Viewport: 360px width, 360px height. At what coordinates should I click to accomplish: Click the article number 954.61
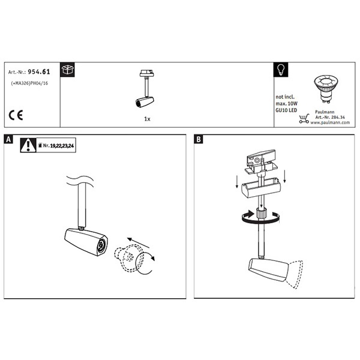pos(39,72)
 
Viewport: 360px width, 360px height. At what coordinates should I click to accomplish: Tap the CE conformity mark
pos(16,115)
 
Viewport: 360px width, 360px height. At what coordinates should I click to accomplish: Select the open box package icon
pos(67,70)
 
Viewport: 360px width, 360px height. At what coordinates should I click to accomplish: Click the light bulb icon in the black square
pos(281,70)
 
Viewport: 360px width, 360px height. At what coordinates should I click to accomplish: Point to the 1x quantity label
pos(147,119)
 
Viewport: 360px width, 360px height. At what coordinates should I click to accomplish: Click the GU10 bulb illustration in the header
pos(326,89)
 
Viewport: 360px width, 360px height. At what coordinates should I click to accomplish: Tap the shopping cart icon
pos(304,119)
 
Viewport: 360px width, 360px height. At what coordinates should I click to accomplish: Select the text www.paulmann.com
pos(330,122)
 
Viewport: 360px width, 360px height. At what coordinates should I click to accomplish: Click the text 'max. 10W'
pos(287,104)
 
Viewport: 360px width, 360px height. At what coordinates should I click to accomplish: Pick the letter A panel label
pos(8,139)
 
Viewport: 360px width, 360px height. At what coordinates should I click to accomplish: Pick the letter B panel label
pos(199,139)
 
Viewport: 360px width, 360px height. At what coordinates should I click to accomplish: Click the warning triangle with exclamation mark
pos(28,145)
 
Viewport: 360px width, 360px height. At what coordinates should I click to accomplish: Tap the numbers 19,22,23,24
pos(62,146)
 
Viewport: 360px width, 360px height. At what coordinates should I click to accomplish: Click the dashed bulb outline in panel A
pos(129,258)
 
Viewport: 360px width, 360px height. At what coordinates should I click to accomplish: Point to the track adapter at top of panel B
pos(261,161)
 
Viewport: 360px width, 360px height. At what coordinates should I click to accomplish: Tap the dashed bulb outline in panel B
pos(295,274)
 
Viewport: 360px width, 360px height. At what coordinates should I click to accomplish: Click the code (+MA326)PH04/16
pos(29,83)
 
